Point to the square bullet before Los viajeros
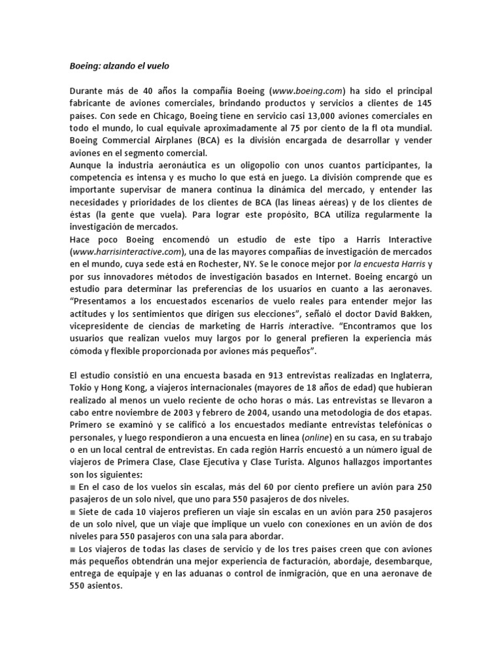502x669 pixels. pyautogui.click(x=73, y=549)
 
